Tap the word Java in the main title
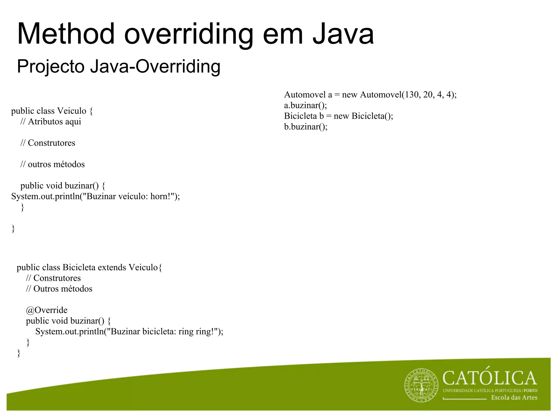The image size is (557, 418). [343, 34]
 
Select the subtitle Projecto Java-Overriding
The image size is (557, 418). [119, 66]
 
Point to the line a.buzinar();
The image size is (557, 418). [305, 105]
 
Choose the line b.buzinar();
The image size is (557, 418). [306, 127]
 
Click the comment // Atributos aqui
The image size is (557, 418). [51, 122]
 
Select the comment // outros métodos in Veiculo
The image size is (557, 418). [52, 164]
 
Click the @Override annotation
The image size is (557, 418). [47, 310]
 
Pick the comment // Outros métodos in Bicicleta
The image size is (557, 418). [59, 289]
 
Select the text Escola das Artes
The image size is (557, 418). [514, 398]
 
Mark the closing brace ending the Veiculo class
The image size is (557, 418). [13, 229]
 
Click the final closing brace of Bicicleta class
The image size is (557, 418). [18, 353]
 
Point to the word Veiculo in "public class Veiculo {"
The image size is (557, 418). [72, 111]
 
